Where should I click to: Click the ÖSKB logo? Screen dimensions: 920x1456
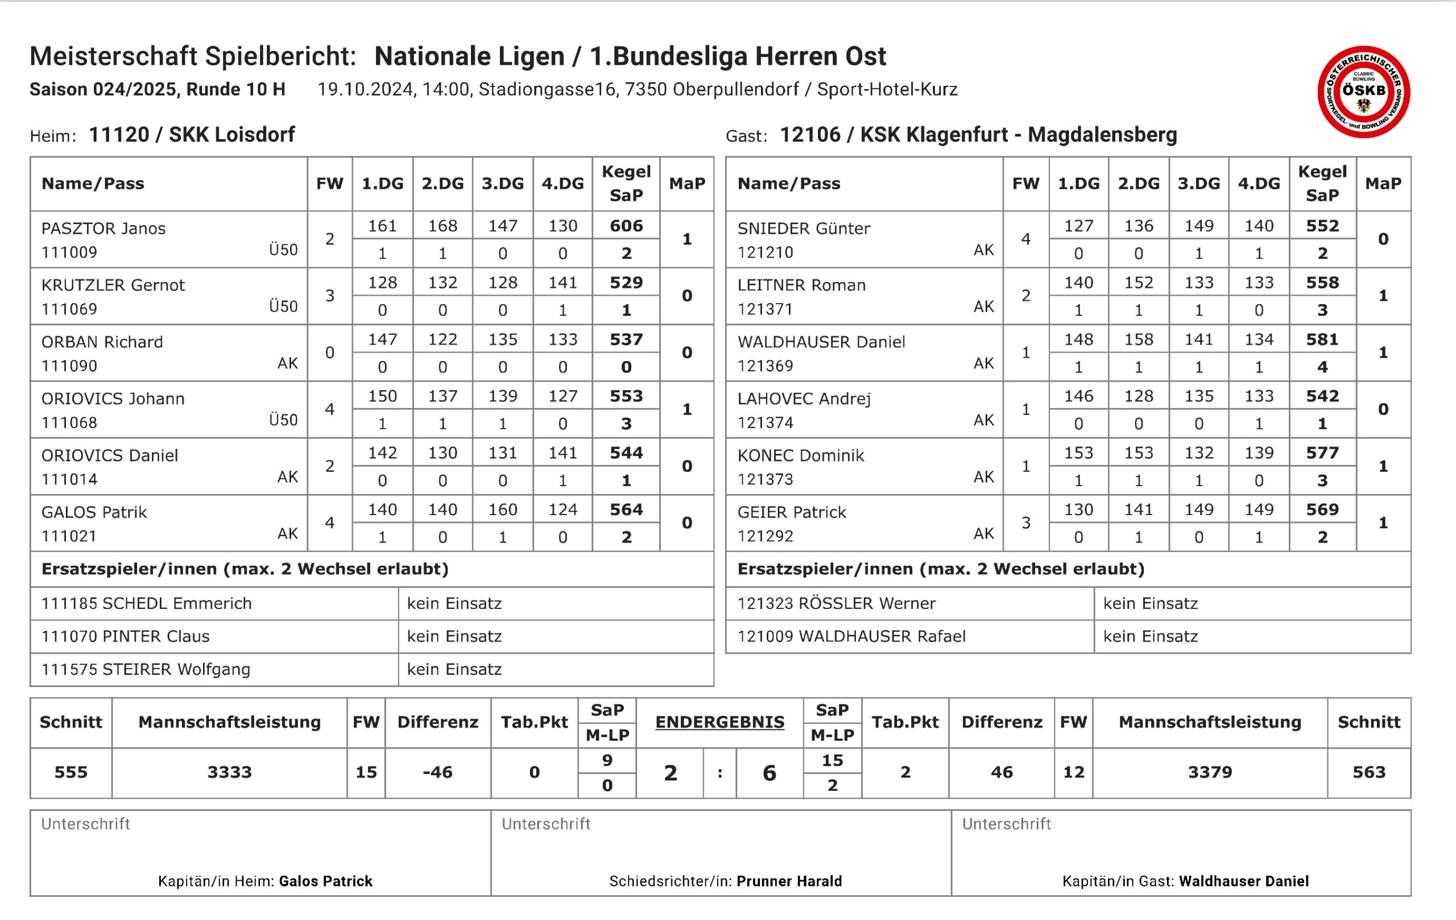point(1363,92)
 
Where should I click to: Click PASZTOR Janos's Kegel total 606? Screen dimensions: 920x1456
point(626,226)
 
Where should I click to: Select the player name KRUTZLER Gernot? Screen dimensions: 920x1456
point(113,285)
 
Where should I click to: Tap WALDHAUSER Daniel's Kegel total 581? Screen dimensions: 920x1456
point(1322,339)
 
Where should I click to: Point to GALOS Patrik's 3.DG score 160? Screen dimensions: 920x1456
point(502,509)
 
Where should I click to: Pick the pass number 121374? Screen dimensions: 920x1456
point(765,422)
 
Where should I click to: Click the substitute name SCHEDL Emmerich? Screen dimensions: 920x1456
point(176,603)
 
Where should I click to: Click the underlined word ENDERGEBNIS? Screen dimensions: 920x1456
point(719,722)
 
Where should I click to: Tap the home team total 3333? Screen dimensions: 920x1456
point(229,772)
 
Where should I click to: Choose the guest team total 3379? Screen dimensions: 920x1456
point(1209,772)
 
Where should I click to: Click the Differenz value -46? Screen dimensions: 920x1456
point(437,772)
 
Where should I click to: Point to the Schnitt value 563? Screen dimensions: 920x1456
point(1368,772)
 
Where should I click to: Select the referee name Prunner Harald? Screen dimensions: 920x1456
point(789,881)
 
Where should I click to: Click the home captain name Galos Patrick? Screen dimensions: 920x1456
point(325,881)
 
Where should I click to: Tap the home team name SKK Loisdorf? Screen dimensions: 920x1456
point(231,134)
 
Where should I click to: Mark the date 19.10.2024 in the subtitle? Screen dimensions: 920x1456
point(365,89)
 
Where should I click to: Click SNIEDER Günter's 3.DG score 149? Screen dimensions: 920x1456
point(1198,226)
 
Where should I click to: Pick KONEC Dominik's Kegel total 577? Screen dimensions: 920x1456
point(1322,453)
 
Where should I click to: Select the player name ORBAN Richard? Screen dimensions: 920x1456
point(102,342)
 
